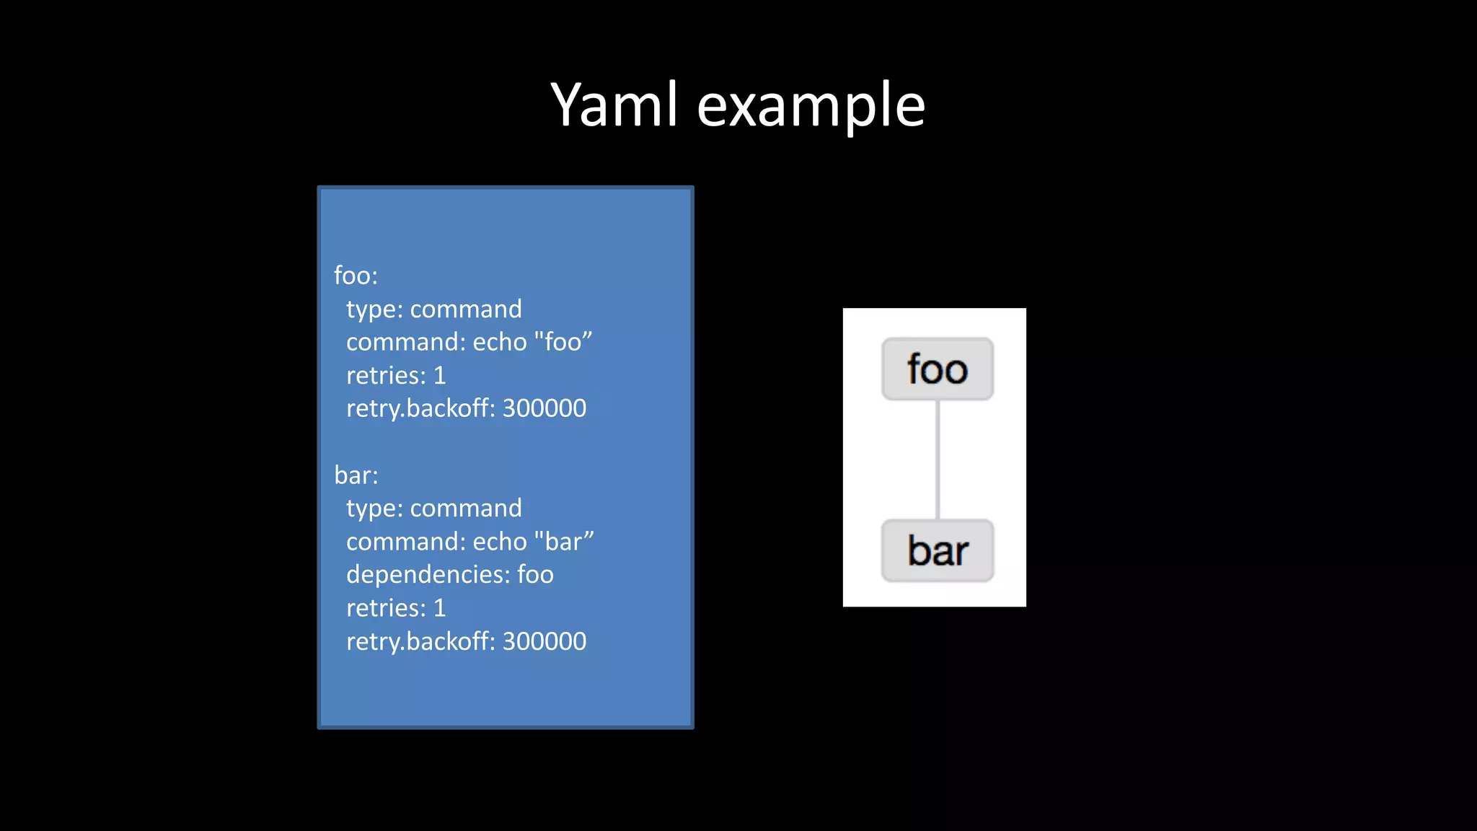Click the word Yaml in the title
614,105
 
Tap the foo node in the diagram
937,369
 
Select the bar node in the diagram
937,551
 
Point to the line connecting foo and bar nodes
937,460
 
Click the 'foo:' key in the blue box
356,276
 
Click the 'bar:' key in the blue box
356,475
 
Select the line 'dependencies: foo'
450,575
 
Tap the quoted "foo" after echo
563,341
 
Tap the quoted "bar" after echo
564,541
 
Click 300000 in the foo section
544,408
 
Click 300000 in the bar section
544,641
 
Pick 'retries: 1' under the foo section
396,375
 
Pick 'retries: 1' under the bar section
396,608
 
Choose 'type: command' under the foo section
433,309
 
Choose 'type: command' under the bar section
433,509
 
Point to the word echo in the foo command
500,342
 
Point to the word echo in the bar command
500,542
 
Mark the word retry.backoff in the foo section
419,409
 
